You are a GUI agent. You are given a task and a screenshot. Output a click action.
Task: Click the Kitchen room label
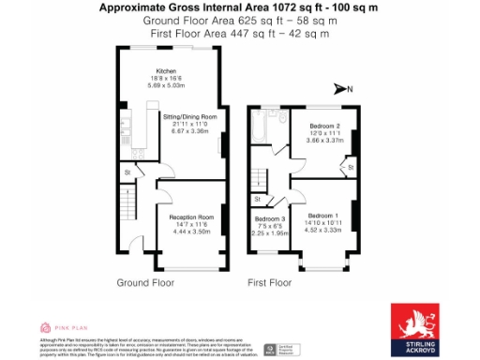(x=166, y=70)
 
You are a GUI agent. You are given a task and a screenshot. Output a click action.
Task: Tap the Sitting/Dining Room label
(x=190, y=116)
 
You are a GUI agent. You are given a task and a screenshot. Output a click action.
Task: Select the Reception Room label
(x=191, y=217)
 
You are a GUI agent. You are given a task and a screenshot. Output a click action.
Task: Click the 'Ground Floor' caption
(x=145, y=281)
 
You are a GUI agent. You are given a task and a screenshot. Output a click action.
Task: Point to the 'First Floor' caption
(x=274, y=281)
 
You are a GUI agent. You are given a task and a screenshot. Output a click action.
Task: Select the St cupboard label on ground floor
(x=126, y=172)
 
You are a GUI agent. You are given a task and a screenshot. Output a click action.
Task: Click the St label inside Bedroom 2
(x=350, y=167)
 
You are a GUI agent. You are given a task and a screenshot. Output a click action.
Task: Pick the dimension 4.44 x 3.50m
(x=191, y=231)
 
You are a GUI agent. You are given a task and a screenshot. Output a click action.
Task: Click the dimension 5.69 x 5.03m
(x=166, y=85)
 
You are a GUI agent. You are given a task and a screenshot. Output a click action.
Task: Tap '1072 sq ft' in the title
(x=266, y=7)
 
